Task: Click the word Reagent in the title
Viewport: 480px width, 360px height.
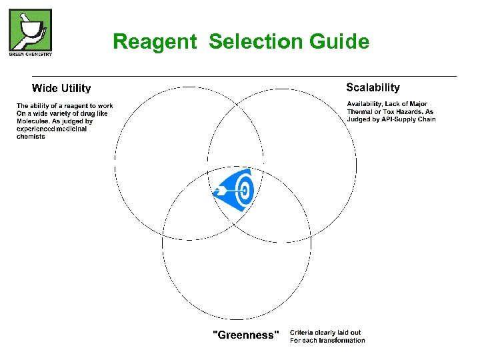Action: tap(155, 42)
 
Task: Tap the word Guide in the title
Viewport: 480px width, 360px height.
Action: tap(339, 42)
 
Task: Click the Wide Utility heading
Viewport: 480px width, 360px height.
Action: tap(61, 88)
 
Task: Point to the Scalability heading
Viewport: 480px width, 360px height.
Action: tap(373, 87)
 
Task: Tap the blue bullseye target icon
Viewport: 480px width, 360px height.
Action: tap(235, 191)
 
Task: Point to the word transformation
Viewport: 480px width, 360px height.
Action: tap(341, 341)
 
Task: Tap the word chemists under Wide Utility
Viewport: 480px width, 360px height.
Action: tap(31, 137)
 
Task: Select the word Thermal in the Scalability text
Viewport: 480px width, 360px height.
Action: tap(361, 111)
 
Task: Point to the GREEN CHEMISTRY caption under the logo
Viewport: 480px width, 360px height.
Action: tap(30, 54)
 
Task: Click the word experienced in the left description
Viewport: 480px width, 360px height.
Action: tap(37, 129)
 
